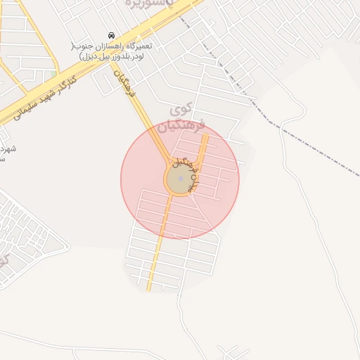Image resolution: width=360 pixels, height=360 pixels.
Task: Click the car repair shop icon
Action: pos(111,35)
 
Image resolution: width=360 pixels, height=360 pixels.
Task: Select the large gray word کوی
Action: pos(181,110)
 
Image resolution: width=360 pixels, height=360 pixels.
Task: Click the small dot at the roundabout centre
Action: pos(181,179)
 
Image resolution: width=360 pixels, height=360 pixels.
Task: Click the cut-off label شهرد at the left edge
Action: pos(7,149)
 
